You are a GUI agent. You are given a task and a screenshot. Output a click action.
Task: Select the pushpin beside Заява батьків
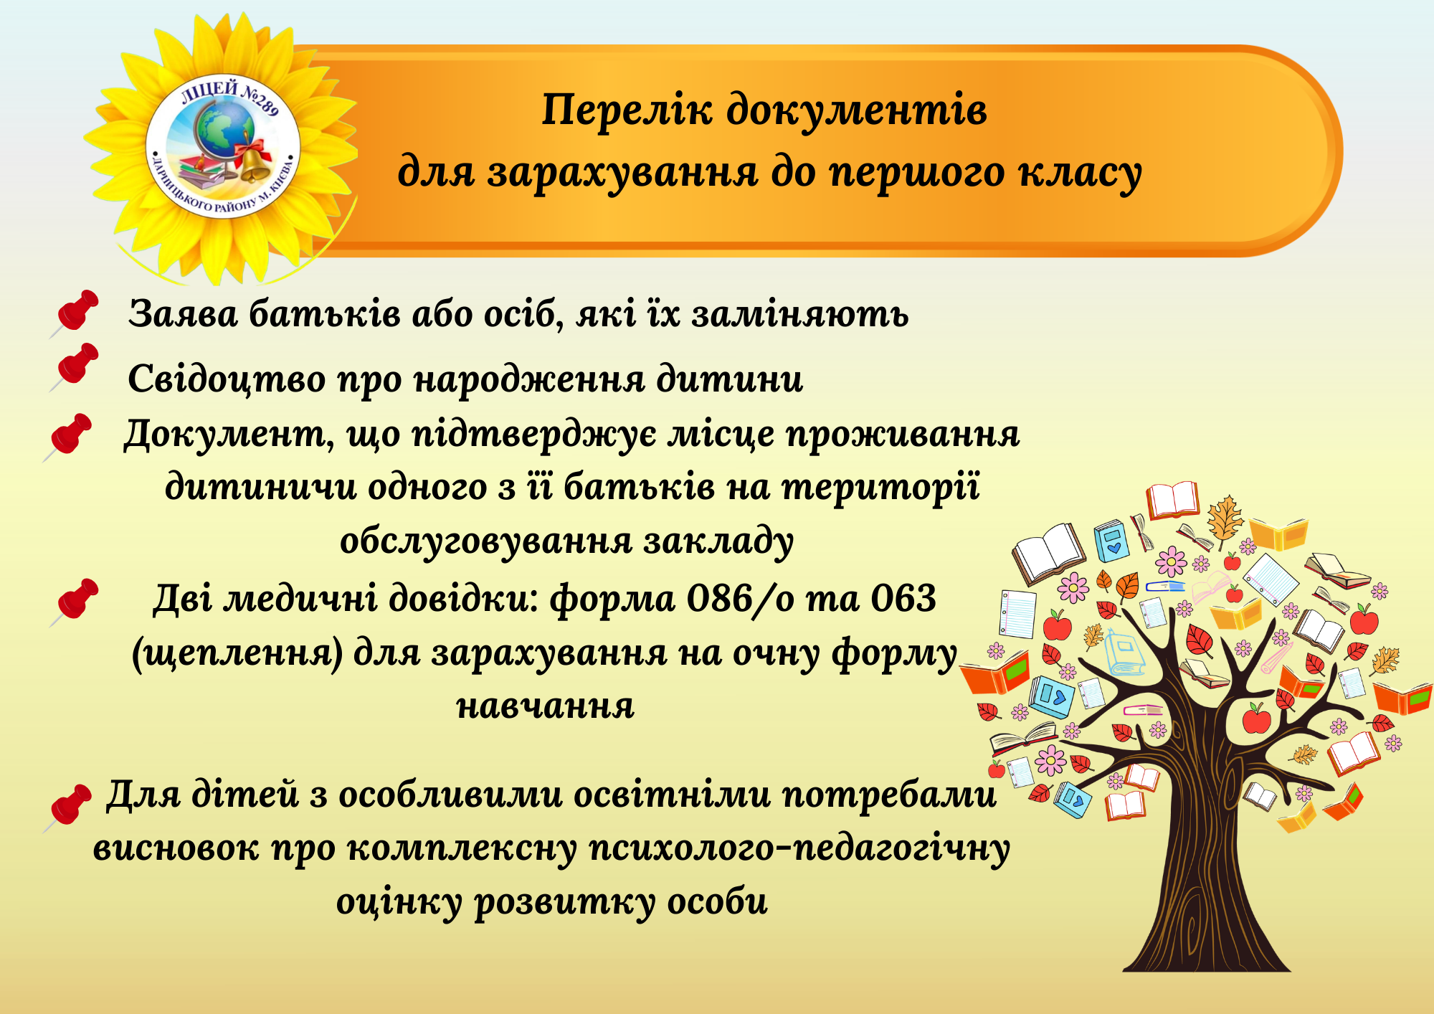[x=74, y=313]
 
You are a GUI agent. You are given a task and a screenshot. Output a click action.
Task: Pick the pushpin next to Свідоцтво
[x=74, y=367]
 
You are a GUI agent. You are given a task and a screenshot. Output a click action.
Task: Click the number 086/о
[x=740, y=599]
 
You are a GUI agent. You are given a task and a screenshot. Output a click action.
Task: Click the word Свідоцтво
[x=227, y=379]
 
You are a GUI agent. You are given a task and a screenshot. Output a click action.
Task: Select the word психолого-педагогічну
[x=799, y=850]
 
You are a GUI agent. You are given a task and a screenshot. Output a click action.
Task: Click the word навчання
[x=546, y=707]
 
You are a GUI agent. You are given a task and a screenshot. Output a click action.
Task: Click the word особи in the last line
[x=718, y=902]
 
